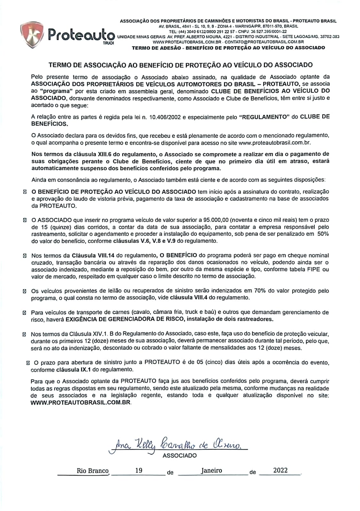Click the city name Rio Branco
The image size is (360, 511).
tap(93, 471)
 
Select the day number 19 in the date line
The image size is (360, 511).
tap(139, 470)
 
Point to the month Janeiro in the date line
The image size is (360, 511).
tap(211, 470)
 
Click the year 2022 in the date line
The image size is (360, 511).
tap(280, 470)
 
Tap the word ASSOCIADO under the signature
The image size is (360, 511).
tap(180, 455)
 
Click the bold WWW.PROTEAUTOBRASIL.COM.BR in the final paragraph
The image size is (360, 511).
tap(81, 402)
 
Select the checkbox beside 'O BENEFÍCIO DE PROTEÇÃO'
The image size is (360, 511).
tap(25, 192)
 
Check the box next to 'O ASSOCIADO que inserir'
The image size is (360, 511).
tap(25, 220)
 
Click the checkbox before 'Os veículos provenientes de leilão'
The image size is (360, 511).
tap(25, 291)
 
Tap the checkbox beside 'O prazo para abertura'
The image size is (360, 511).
tap(28, 363)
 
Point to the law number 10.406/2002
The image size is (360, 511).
tap(163, 117)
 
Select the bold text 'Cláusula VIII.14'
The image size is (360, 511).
tap(93, 255)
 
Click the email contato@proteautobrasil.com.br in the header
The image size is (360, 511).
tap(264, 42)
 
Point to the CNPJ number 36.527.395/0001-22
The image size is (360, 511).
tap(267, 32)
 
